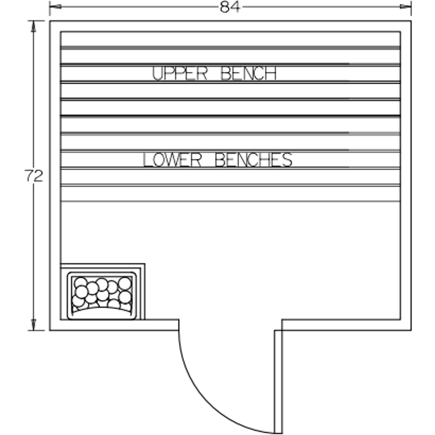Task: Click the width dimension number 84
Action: (229, 7)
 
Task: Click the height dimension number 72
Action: (34, 176)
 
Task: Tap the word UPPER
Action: (180, 73)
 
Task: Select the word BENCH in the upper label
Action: (249, 73)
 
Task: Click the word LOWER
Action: (172, 160)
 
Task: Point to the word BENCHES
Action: (254, 160)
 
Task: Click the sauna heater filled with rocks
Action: (102, 296)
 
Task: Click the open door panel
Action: (278, 382)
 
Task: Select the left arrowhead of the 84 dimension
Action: (55, 7)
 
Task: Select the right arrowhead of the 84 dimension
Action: (405, 7)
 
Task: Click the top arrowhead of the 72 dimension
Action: (34, 27)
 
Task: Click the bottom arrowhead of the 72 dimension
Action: (34, 325)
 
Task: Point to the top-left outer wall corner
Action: (50, 21)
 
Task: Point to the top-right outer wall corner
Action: (411, 21)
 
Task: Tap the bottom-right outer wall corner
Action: (411, 330)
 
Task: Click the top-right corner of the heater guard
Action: (145, 263)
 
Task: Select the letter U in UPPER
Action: (157, 73)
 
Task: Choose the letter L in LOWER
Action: (147, 160)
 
